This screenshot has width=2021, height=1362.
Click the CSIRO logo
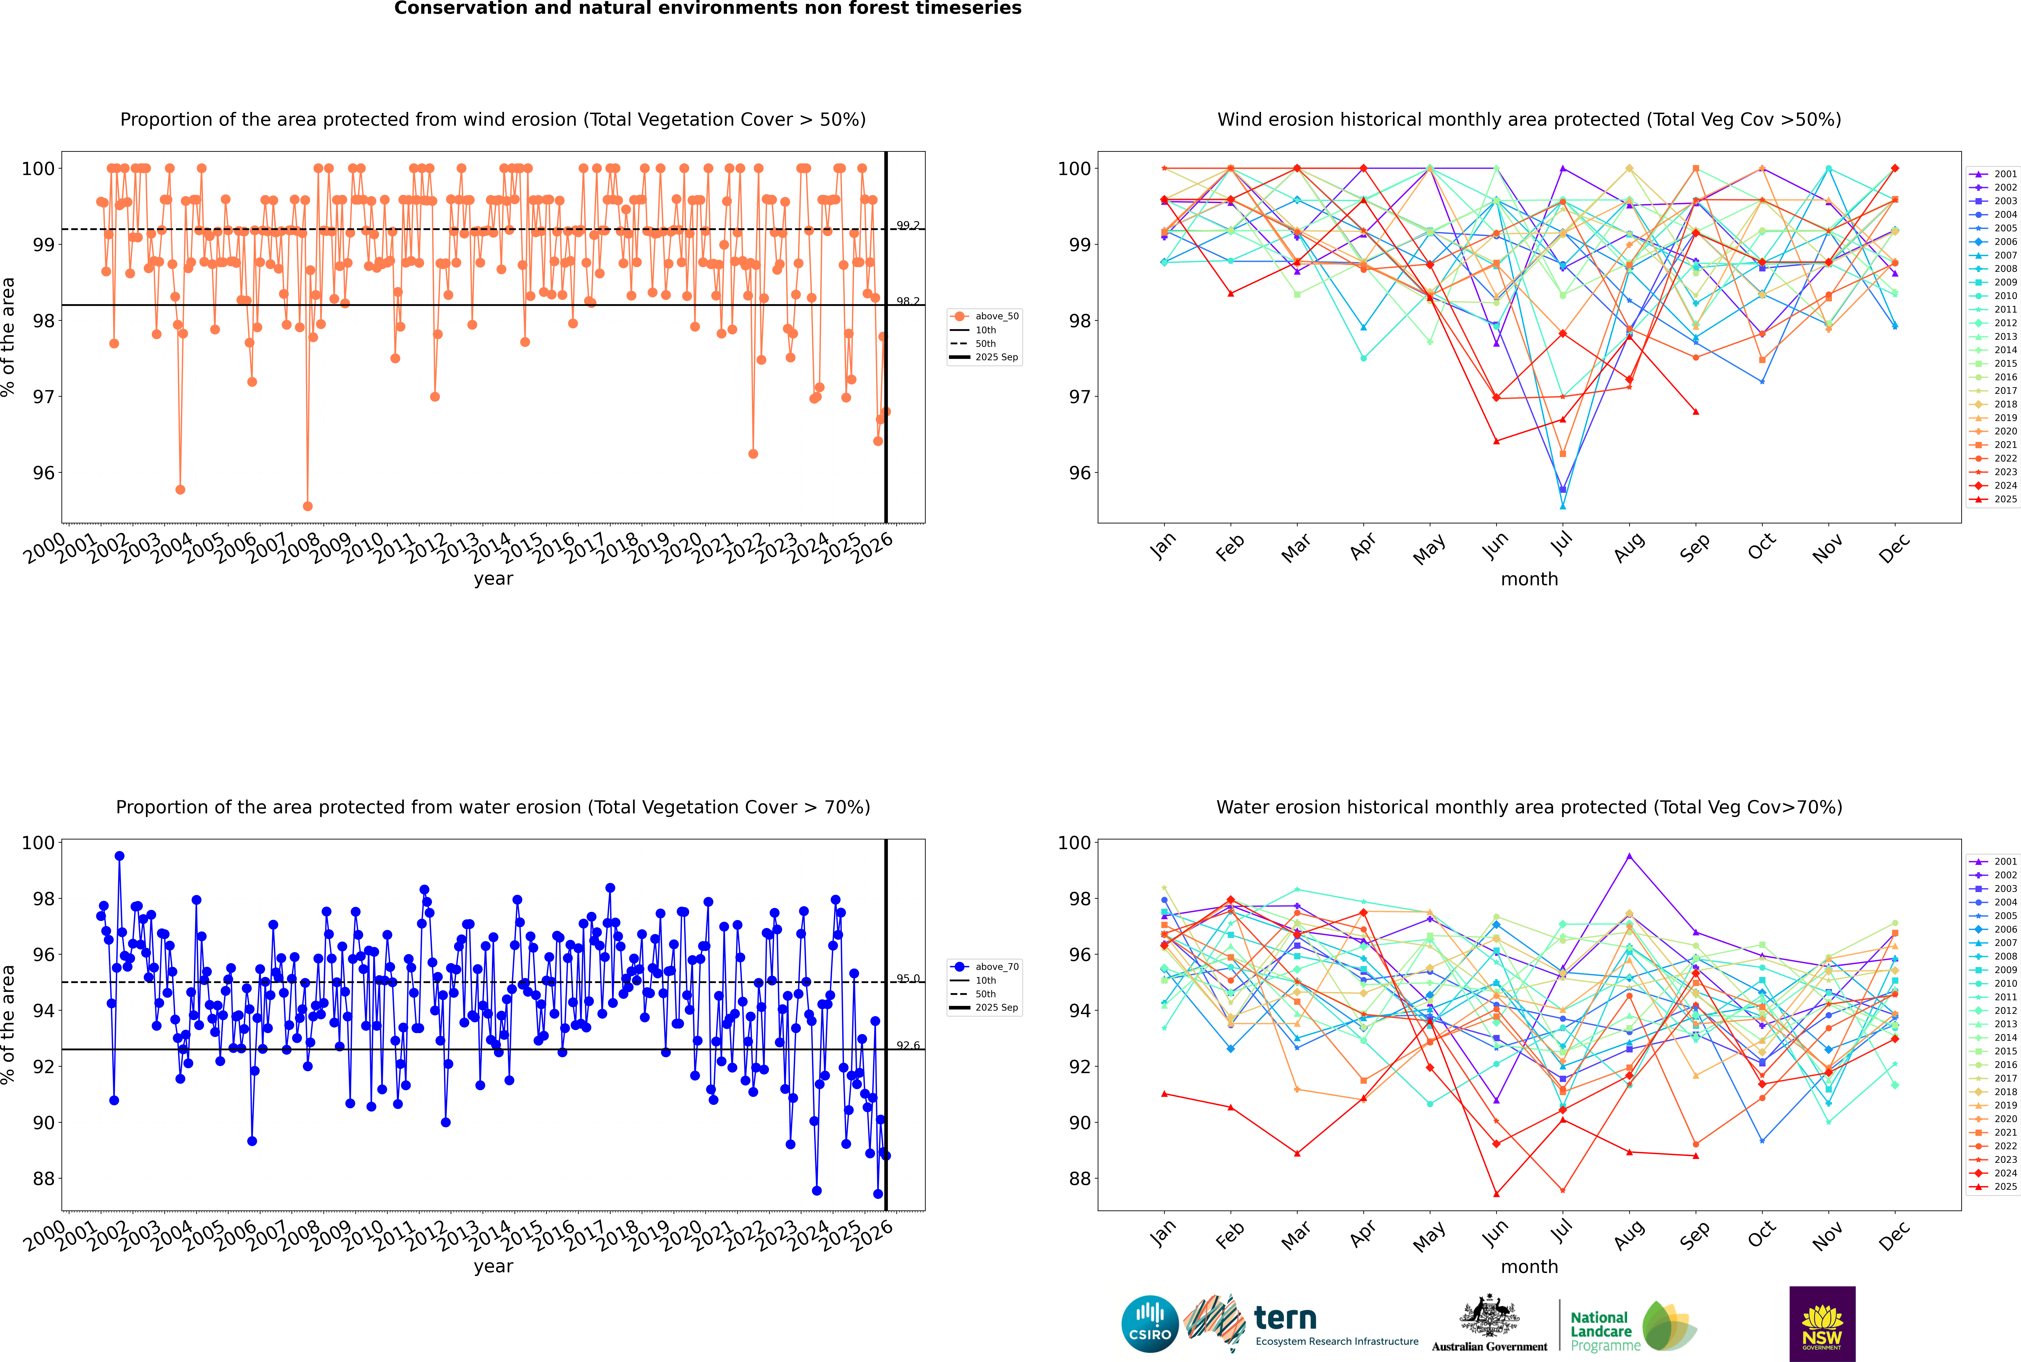tap(1149, 1324)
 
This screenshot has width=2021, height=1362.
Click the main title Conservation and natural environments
tap(707, 9)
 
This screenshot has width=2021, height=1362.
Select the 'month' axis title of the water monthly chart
tap(1529, 1267)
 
